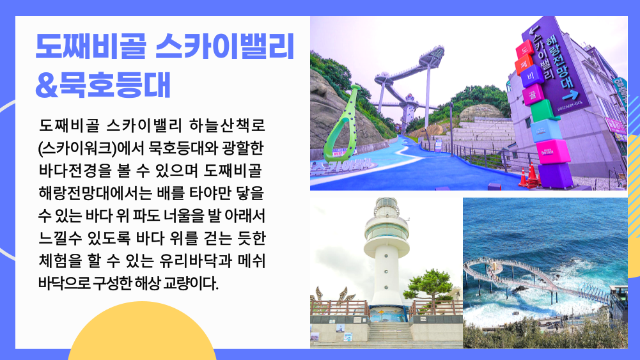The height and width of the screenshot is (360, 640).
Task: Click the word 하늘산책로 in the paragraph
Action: pos(228,125)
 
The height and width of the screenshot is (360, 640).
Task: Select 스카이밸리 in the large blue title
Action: pos(225,46)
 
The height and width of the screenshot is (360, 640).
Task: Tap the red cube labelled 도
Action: pos(524,50)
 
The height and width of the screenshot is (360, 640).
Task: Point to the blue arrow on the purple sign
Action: pos(570,95)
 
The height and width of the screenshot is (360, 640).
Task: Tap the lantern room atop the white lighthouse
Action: pos(386,208)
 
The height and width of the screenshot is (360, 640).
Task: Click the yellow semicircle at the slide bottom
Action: pos(142,331)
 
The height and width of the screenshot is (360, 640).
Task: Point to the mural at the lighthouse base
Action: pos(387,315)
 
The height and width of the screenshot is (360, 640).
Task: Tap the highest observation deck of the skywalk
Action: pos(432,55)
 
